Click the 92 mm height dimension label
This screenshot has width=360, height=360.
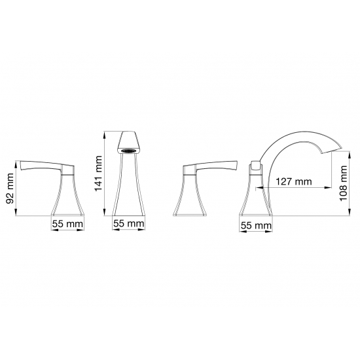[x=10, y=189]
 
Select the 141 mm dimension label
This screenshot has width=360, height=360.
[x=98, y=173]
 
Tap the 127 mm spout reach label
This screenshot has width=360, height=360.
[x=294, y=181]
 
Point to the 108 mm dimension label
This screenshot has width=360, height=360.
[x=343, y=183]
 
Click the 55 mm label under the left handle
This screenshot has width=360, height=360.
[x=67, y=224]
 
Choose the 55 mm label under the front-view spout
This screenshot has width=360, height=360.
[x=129, y=223]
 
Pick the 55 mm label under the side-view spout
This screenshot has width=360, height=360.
[x=256, y=225]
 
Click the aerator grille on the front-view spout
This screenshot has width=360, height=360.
[x=128, y=151]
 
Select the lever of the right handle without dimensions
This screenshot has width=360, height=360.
[x=217, y=166]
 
